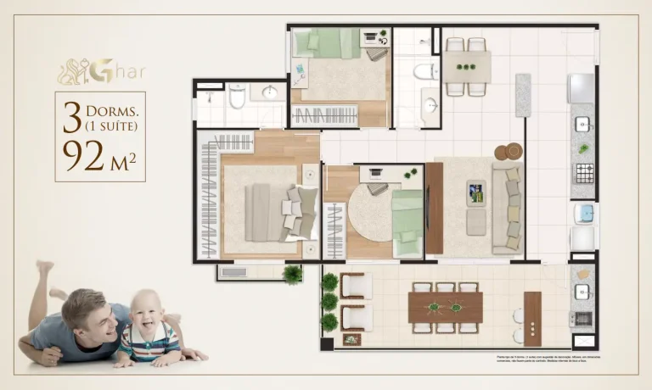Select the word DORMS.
107,112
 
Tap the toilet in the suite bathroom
236,98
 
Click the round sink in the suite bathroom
270,92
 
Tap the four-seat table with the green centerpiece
466,66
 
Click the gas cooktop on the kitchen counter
583,174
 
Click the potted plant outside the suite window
293,274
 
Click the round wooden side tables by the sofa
507,152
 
